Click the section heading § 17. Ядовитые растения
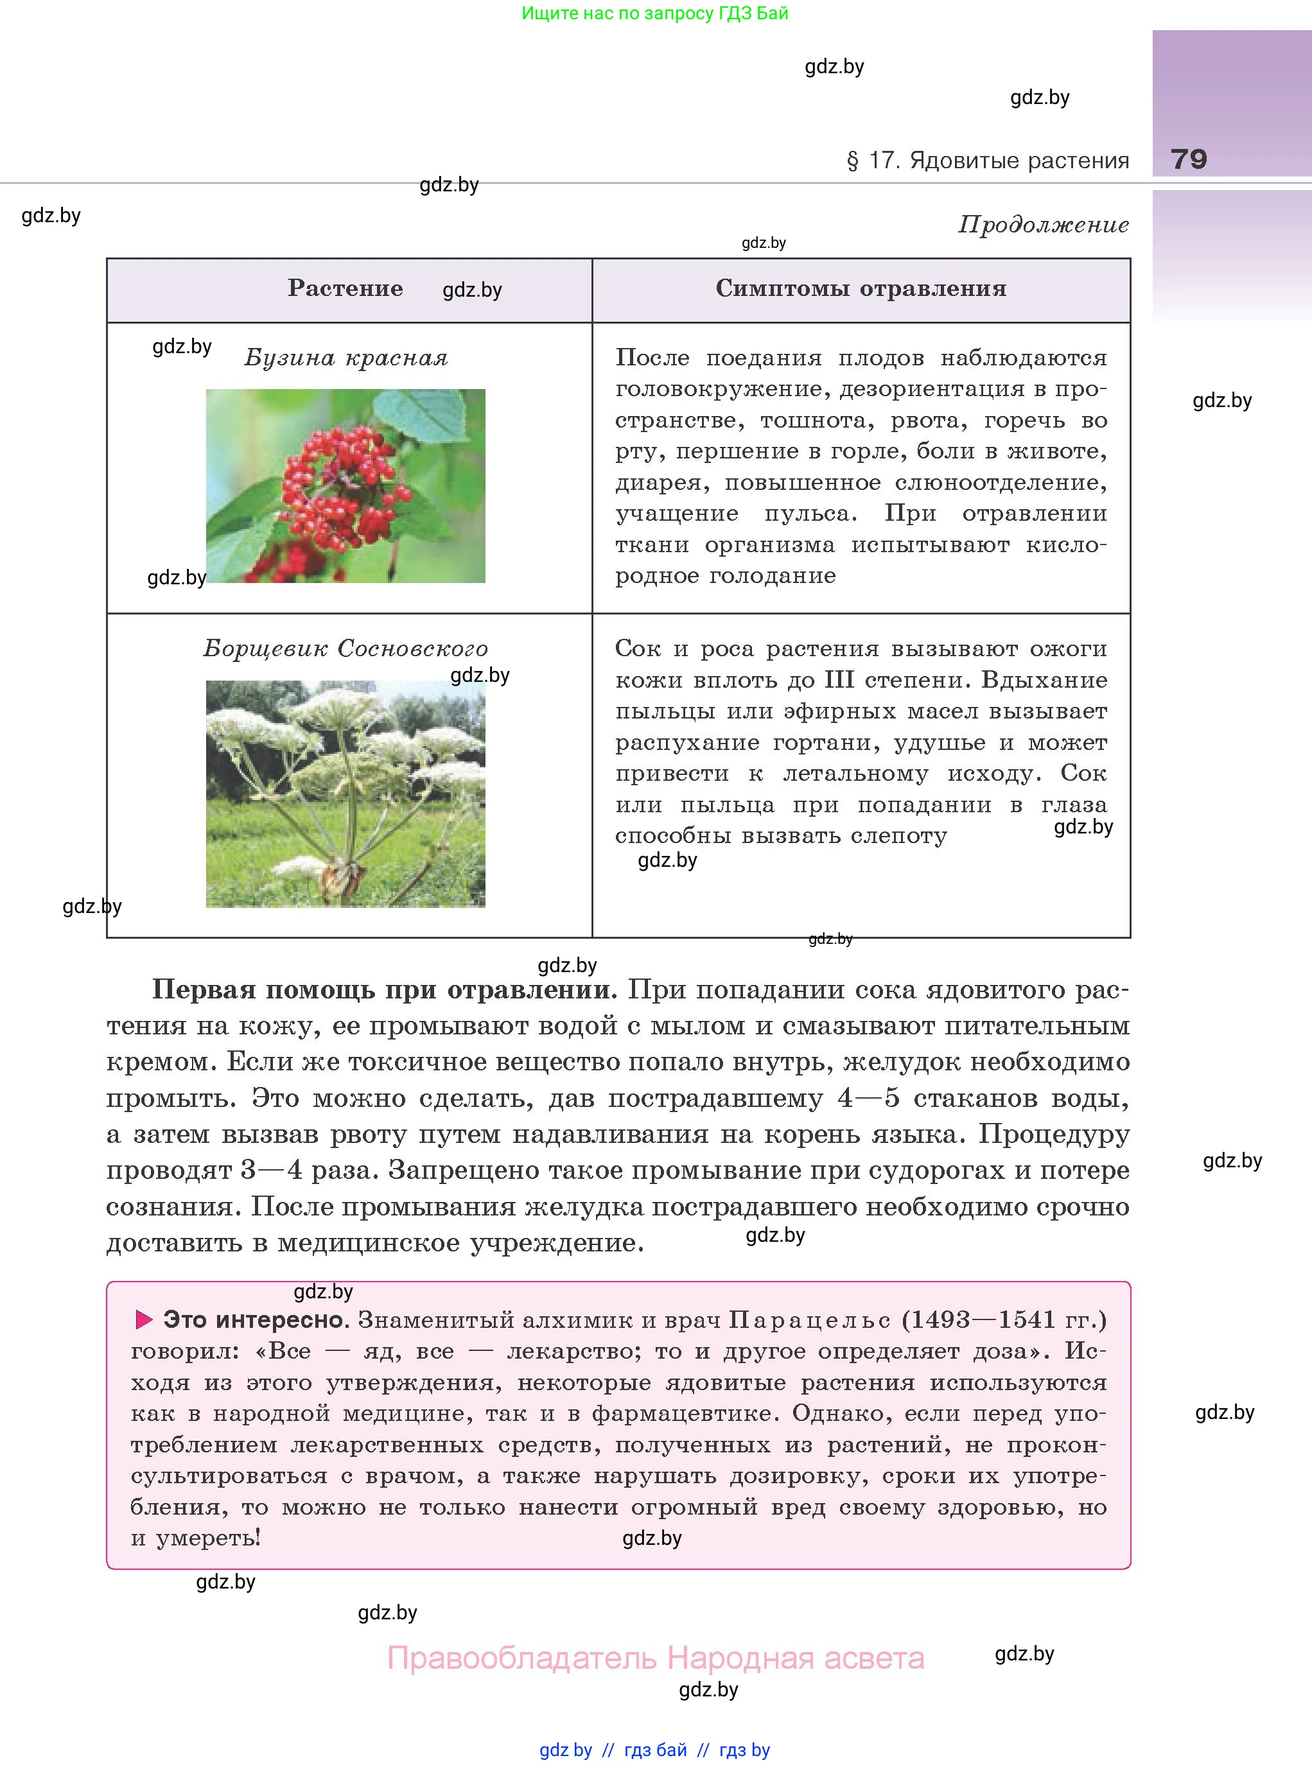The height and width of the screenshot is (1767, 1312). pyautogui.click(x=987, y=161)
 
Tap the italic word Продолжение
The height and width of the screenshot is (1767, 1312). pyautogui.click(x=1043, y=225)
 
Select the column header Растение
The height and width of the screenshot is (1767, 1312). pyautogui.click(x=345, y=288)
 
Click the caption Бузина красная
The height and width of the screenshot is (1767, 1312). pyautogui.click(x=345, y=358)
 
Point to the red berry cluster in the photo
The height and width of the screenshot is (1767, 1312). pyautogui.click(x=342, y=484)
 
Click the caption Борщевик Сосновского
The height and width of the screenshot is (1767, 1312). pyautogui.click(x=345, y=649)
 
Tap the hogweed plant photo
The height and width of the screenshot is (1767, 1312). pyautogui.click(x=345, y=794)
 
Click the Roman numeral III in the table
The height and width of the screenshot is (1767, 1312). pyautogui.click(x=839, y=680)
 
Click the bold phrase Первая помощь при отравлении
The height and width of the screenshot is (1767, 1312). pyautogui.click(x=383, y=989)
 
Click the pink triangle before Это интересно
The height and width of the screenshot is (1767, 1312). pyautogui.click(x=144, y=1320)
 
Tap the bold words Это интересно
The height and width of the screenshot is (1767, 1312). pyautogui.click(x=256, y=1320)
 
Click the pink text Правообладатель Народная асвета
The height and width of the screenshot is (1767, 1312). pyautogui.click(x=655, y=1658)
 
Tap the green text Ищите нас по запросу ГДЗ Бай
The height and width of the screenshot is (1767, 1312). pyautogui.click(x=654, y=13)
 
